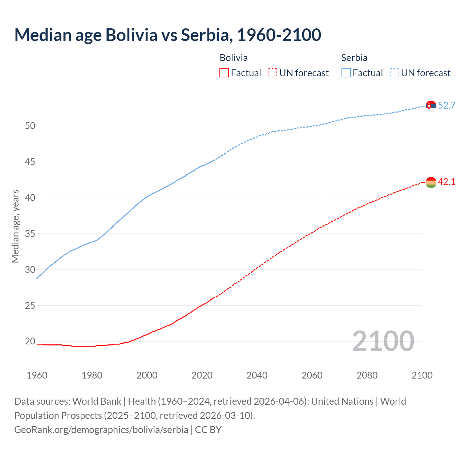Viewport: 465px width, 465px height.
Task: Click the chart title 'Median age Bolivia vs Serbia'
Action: point(167,35)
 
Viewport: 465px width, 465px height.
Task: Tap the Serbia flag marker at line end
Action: point(431,106)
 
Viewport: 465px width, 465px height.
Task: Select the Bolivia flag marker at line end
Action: point(431,182)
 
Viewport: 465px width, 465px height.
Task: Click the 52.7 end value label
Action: point(446,106)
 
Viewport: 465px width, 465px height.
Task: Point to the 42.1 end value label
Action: point(446,182)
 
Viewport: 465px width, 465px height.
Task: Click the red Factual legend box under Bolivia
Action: point(224,73)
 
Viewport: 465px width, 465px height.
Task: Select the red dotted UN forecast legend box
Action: point(272,73)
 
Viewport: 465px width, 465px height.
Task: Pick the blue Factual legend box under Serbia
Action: point(346,73)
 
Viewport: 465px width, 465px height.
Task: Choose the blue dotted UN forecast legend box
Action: point(394,73)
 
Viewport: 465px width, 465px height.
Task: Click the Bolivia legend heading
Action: point(234,58)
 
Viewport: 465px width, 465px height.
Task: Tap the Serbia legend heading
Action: point(354,58)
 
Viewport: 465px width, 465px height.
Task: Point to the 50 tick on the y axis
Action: point(30,126)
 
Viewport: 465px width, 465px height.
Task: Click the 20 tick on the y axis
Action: point(30,341)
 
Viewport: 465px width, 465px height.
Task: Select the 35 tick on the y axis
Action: point(30,234)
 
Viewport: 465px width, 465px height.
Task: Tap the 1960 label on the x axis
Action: point(37,375)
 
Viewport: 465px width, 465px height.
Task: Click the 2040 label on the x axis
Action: point(257,375)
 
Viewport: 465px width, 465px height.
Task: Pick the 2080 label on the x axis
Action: point(367,375)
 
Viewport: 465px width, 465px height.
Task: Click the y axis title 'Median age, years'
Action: point(15,226)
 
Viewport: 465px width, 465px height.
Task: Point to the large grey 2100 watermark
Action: point(383,341)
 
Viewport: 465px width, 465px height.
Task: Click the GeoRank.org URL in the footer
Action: point(101,430)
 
